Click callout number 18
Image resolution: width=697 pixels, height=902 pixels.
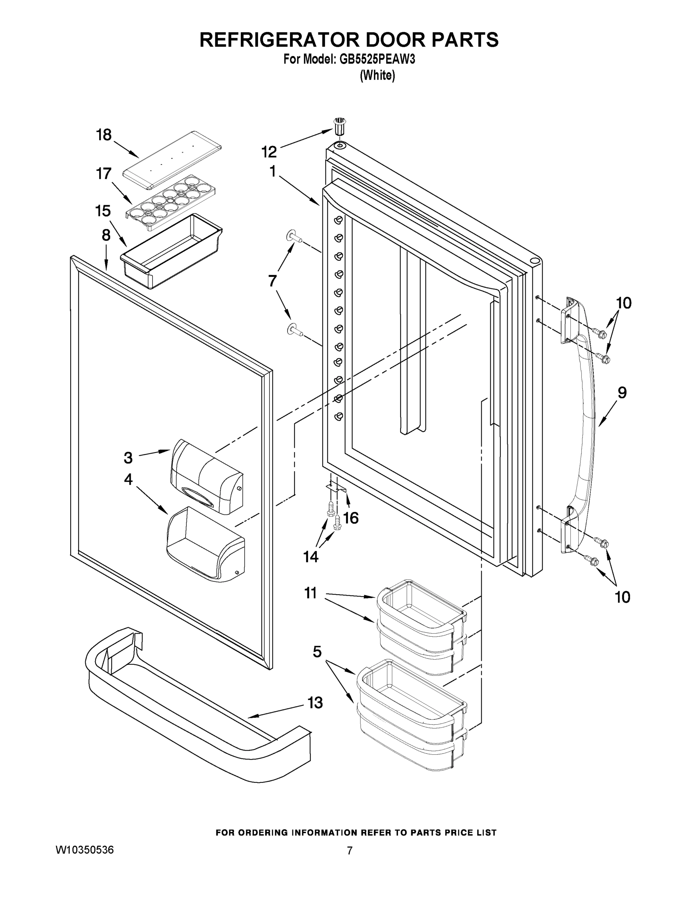[x=104, y=135]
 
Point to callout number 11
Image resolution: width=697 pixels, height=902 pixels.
[x=310, y=593]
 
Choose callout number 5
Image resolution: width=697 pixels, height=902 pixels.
[x=317, y=652]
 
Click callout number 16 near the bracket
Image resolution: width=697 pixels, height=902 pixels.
[x=351, y=518]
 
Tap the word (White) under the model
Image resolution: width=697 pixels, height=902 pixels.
[x=377, y=76]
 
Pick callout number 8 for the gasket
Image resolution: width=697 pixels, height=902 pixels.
[x=106, y=235]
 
